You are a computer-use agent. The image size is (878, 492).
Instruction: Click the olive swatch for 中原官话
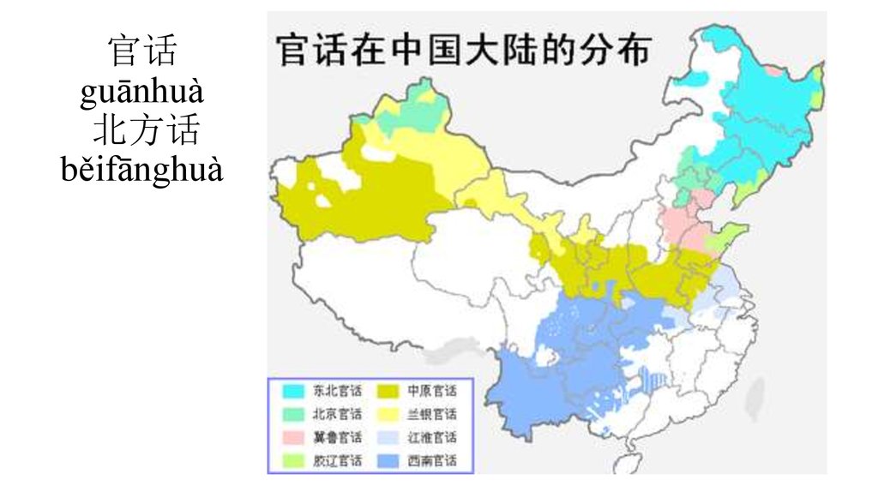point(388,391)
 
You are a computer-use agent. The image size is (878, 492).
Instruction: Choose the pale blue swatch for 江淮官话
point(388,437)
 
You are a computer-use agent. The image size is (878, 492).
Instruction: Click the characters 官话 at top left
point(142,51)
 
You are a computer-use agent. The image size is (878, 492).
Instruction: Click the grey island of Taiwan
point(756,399)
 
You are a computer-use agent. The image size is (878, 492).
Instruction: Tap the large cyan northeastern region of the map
point(755,120)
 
